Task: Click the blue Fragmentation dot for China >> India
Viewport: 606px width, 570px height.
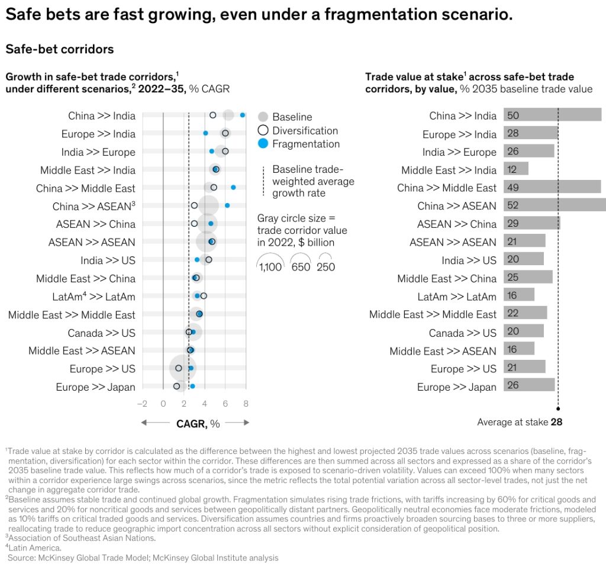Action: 243,115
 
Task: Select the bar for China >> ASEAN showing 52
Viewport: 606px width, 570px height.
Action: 554,205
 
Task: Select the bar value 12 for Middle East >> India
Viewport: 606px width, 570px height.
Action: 515,170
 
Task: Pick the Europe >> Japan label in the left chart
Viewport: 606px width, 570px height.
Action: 95,387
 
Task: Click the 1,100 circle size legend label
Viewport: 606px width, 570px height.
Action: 270,267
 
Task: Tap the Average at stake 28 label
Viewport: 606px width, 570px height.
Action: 520,422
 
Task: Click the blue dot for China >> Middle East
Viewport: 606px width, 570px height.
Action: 233,188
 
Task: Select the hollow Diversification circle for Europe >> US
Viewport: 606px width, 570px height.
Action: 179,368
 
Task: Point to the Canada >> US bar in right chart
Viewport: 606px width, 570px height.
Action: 523,332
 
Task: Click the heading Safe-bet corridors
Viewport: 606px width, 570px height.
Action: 60,49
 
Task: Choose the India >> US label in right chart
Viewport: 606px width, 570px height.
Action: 469,260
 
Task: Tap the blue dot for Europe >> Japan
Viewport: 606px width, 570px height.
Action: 192,387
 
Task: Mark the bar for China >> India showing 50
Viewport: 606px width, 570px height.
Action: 552,115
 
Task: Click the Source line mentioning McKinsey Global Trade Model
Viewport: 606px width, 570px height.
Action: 142,558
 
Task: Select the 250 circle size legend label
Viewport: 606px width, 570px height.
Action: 325,267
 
